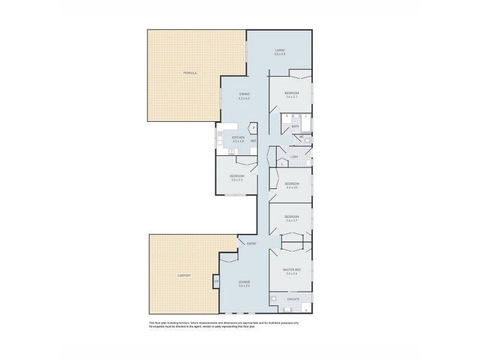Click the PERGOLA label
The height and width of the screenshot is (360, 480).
[x=190, y=73]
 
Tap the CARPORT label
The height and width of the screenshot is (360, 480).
[x=184, y=275]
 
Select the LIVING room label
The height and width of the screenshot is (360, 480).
[x=280, y=50]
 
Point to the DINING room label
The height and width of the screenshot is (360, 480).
[x=244, y=94]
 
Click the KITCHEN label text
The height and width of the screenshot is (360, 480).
[x=238, y=137]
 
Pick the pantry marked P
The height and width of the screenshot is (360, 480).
[x=254, y=128]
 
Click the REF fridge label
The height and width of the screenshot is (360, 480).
[x=254, y=142]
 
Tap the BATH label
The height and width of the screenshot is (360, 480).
[x=295, y=127]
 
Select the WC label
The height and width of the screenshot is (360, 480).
[x=302, y=137]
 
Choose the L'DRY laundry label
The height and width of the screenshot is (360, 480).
[x=295, y=157]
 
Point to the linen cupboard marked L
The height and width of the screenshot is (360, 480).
[x=282, y=163]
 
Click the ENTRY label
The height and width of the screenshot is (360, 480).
[x=251, y=244]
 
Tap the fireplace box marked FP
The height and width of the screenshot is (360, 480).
[x=217, y=281]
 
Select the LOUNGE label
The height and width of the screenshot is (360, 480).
[x=244, y=282]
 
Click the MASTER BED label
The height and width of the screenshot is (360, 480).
[x=292, y=270]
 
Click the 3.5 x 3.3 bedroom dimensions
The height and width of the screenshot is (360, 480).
[x=236, y=180]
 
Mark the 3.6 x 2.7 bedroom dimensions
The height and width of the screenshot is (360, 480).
[x=292, y=221]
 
